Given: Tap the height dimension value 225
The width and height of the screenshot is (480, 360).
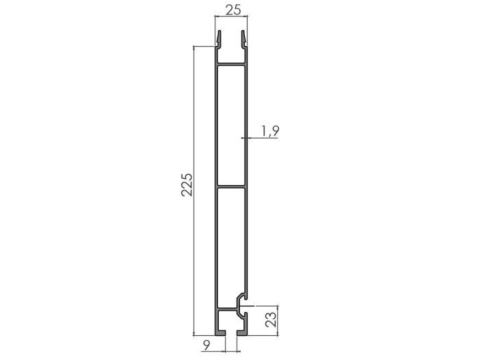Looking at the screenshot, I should tap(186, 185).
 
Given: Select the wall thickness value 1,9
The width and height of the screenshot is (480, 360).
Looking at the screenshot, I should tap(269, 131).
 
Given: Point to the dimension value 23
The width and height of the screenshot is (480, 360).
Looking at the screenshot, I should tap(270, 320).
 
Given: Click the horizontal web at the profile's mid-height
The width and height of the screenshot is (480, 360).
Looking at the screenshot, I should tap(230, 186).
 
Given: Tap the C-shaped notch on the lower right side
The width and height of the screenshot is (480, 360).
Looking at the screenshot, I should tap(239, 304).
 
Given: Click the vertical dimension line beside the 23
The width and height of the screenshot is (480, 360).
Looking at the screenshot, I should tap(279, 320).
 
